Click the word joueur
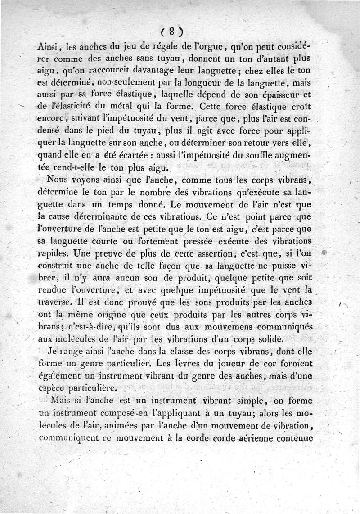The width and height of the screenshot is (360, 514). (225, 363)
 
